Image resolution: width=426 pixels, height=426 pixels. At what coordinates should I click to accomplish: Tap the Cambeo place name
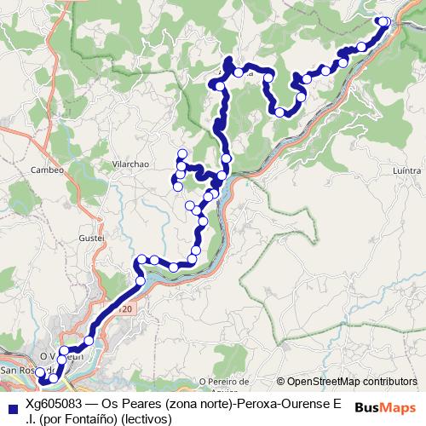click(48, 170)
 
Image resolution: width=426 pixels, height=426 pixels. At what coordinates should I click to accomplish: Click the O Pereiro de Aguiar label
click(226, 384)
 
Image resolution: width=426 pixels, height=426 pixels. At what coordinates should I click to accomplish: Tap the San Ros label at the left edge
click(17, 371)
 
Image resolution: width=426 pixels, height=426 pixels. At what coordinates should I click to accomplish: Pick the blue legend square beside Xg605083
click(12, 411)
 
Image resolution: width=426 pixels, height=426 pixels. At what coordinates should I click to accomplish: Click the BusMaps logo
click(386, 408)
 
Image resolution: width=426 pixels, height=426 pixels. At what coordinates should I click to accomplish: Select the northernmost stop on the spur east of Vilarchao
click(181, 153)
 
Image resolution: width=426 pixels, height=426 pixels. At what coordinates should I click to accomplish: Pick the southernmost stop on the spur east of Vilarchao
click(177, 187)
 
